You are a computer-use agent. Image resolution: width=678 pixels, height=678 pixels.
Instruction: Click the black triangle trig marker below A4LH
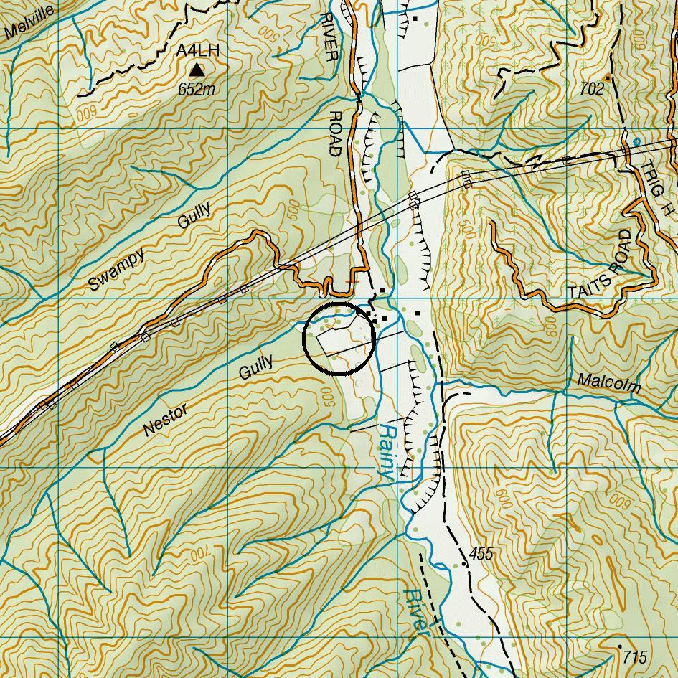pos(197,70)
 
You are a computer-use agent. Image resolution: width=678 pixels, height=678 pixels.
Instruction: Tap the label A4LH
pos(197,52)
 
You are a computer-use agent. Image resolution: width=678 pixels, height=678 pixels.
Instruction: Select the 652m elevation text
pos(197,90)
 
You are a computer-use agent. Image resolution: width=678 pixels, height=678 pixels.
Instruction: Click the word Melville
pos(29,23)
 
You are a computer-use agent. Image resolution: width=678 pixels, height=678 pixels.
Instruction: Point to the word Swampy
pos(116,269)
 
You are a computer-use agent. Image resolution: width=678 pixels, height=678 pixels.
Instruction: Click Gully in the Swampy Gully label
pos(194,216)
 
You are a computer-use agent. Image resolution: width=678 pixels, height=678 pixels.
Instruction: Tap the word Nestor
pos(166,420)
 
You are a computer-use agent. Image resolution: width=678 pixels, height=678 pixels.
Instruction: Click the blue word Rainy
pos(387,452)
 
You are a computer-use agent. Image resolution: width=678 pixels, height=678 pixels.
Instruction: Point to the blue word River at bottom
pos(415,613)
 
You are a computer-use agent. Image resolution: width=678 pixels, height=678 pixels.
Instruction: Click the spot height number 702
pos(592,88)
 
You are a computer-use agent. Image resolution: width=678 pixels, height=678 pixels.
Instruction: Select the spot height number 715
pos(636,656)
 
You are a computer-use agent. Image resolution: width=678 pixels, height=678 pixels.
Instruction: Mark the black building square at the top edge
pos(415,19)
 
